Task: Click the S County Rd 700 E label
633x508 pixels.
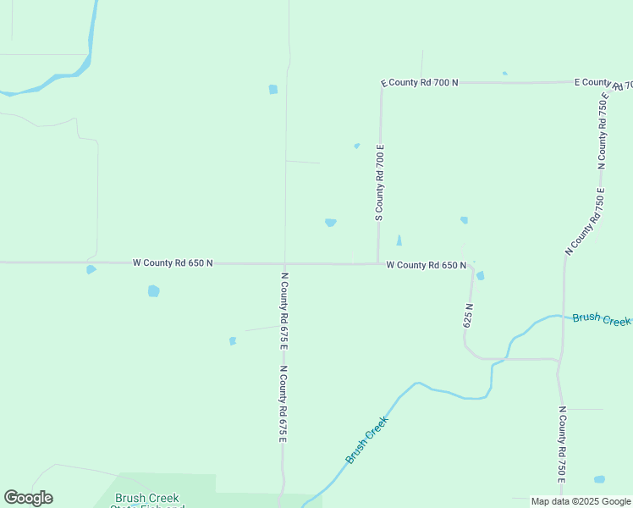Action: coord(380,183)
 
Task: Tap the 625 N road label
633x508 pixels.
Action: coord(468,315)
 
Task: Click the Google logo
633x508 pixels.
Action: coord(28,498)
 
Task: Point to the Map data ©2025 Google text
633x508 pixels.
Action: coord(581,501)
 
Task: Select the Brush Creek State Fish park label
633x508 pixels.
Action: coord(147,500)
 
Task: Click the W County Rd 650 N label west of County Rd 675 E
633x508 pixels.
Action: coord(173,263)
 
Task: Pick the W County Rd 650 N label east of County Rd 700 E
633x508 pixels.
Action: coord(426,265)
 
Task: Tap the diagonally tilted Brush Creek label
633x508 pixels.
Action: coord(367,439)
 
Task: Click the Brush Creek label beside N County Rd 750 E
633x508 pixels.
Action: coord(602,319)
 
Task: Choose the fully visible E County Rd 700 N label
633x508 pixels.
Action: coord(420,83)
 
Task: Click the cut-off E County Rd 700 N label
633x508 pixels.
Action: coord(603,83)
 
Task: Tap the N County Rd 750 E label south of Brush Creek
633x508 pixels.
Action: coord(561,445)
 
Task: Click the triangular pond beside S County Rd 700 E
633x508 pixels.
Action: coord(399,240)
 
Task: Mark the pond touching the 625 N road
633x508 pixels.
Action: coord(480,275)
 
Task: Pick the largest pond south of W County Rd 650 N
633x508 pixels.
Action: coord(153,291)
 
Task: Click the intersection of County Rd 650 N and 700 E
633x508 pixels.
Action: coord(377,263)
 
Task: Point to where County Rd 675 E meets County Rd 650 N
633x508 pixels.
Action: coord(284,263)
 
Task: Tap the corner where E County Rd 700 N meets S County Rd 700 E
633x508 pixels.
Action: coord(382,84)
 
